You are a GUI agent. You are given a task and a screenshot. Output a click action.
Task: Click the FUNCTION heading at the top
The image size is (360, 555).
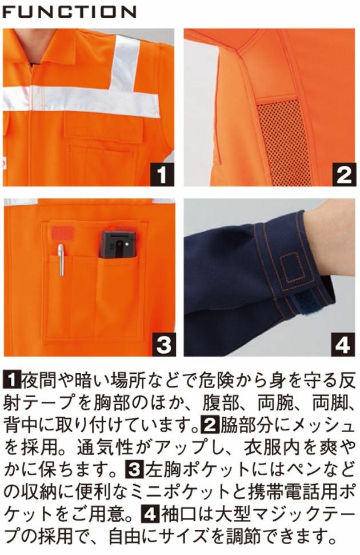pos(69,11)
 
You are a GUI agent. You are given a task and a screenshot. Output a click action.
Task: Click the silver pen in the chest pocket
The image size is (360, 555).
pos(61,260)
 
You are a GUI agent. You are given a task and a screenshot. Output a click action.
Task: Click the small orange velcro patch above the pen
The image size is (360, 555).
pos(61,233)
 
